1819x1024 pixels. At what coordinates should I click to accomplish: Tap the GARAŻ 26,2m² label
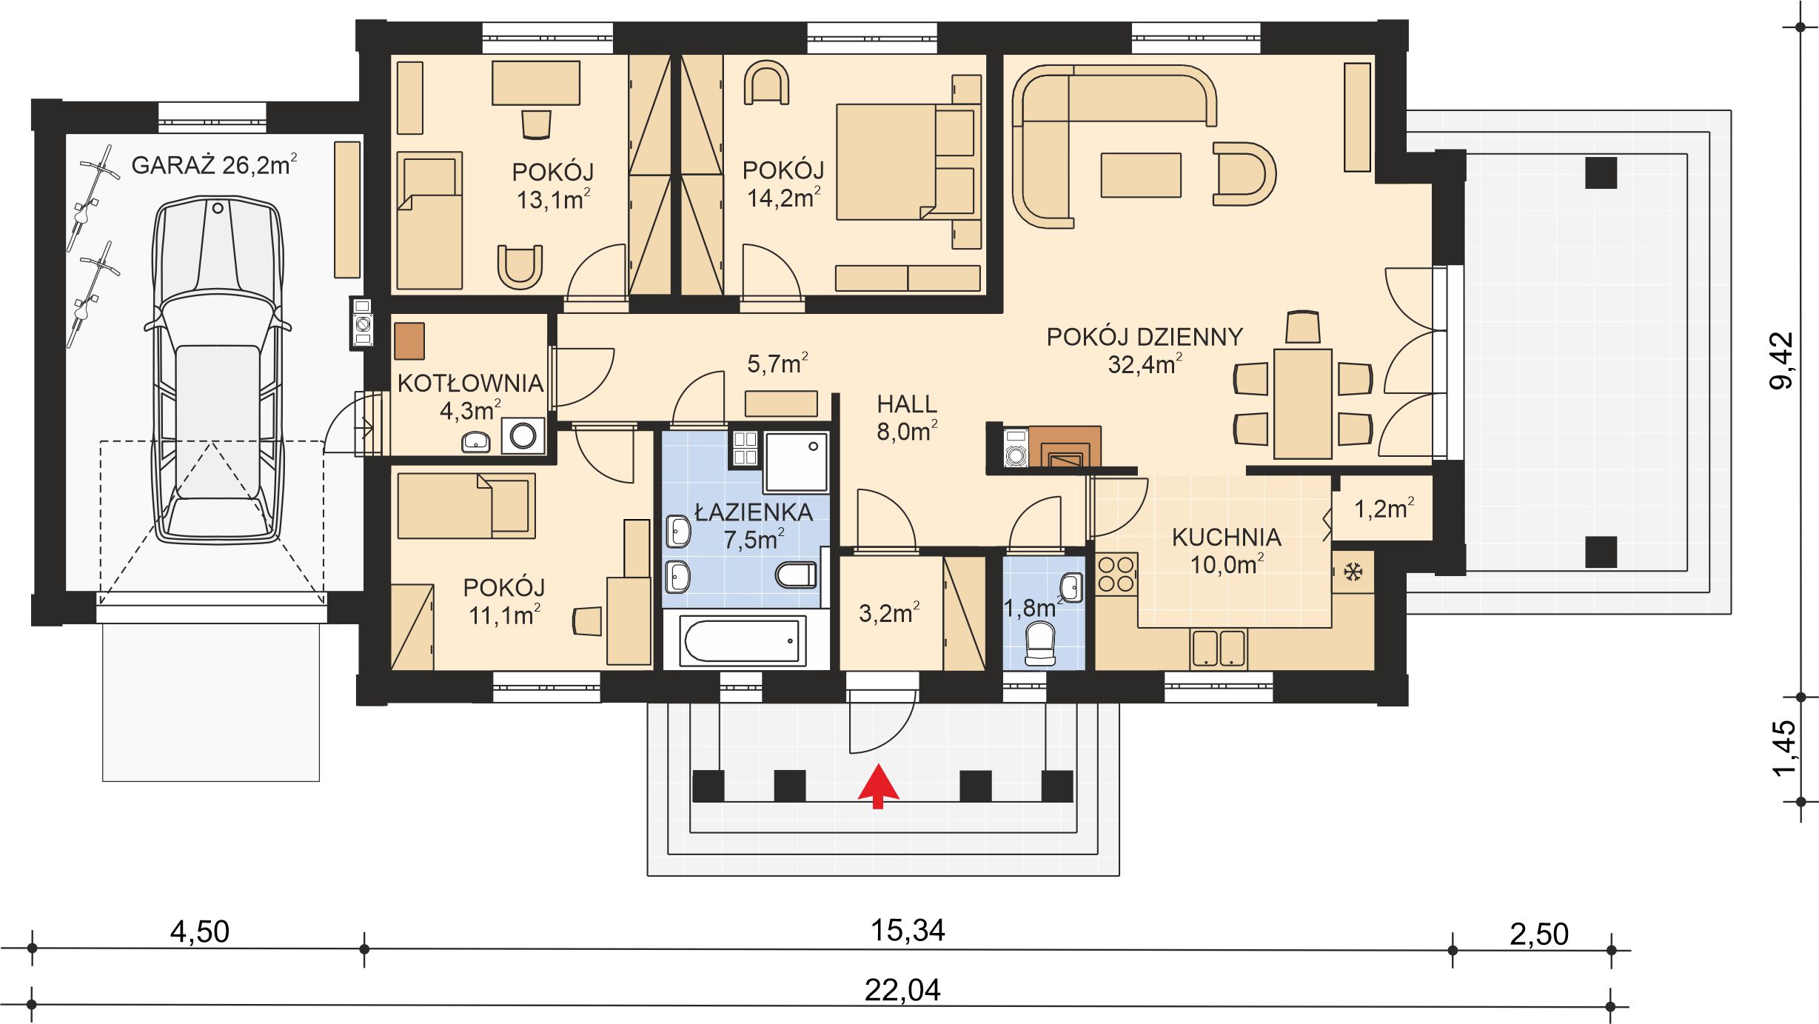coord(214,164)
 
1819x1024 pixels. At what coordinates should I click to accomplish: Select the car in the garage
coord(217,370)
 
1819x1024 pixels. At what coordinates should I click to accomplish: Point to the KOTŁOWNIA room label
coord(470,384)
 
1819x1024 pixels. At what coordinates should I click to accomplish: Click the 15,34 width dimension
coord(907,931)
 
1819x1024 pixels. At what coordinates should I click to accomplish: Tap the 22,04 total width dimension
coord(902,990)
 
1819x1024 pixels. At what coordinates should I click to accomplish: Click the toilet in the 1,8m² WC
coord(1039,643)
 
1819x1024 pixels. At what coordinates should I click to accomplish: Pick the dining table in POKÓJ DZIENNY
coord(1302,404)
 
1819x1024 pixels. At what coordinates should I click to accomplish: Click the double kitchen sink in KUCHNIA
coord(1218,647)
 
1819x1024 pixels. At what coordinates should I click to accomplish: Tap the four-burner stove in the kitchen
coord(1116,575)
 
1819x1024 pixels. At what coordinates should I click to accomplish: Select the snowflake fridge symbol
coord(1353,572)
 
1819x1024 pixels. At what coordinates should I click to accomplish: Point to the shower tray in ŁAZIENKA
coord(796,462)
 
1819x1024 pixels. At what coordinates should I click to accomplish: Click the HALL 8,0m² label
coord(907,418)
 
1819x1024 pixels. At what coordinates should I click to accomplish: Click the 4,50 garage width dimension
coord(199,932)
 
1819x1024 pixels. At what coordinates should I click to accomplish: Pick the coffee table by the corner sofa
coord(1140,175)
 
